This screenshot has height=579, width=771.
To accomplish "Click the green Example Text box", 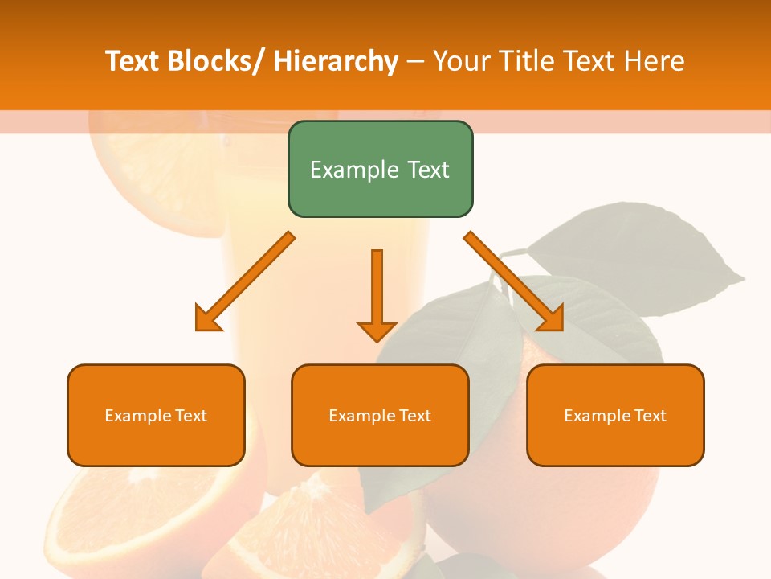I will pos(380,169).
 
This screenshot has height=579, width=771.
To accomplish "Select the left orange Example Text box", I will pos(156,415).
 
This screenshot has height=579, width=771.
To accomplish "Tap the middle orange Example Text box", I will pos(380,415).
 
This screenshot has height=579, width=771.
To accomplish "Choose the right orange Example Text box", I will pos(615,415).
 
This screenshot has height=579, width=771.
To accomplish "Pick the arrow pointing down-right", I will pos(514,281).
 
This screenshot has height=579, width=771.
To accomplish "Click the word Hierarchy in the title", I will pos(336,61).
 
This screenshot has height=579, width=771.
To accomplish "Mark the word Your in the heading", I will pos(460,61).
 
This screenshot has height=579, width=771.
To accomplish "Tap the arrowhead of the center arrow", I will pos(377,330).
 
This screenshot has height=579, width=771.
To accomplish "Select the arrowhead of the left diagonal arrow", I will pos(207,319).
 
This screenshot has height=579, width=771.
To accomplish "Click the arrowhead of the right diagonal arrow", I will pos(552,319).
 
